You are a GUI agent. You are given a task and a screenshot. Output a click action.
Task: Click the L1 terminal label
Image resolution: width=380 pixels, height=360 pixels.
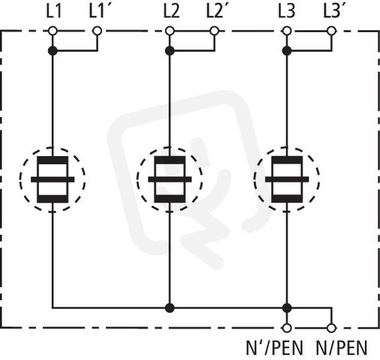click(x=54, y=12)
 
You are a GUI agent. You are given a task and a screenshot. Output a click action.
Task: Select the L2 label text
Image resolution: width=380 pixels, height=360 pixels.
click(x=171, y=12)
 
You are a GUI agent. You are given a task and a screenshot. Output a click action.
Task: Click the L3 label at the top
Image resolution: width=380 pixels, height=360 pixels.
click(x=287, y=12)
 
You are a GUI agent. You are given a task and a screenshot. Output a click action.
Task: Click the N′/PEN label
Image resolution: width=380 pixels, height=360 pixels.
click(x=275, y=347)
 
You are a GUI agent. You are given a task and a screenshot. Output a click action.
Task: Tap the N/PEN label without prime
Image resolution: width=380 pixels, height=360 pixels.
click(x=342, y=347)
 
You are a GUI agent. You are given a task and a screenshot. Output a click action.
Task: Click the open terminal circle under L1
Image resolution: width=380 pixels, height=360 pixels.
click(x=53, y=31)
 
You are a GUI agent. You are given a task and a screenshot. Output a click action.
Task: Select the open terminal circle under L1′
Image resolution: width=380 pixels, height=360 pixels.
click(x=97, y=31)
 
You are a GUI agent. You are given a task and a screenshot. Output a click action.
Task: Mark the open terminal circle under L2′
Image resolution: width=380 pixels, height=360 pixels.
click(x=214, y=31)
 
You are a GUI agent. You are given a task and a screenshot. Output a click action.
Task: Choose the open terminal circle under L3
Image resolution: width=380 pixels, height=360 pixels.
click(x=287, y=31)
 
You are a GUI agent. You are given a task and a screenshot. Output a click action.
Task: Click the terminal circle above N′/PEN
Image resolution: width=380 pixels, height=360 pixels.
click(x=287, y=328)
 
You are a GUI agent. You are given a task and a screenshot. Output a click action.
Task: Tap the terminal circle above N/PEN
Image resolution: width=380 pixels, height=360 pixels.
click(x=331, y=328)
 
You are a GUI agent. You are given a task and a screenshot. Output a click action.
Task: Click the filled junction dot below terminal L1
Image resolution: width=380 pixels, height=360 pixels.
click(x=53, y=51)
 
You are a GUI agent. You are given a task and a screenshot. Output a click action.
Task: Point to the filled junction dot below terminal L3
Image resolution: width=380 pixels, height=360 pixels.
click(x=287, y=51)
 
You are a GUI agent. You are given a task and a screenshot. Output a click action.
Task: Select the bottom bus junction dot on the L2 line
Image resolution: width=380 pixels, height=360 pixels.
click(x=170, y=308)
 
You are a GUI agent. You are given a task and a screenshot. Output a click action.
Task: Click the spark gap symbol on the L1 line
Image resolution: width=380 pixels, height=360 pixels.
click(x=53, y=179)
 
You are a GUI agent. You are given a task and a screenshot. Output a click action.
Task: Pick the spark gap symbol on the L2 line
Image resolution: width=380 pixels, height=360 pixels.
click(x=170, y=179)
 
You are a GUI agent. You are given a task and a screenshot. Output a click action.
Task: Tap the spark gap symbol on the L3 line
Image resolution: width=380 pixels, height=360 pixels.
click(x=287, y=179)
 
